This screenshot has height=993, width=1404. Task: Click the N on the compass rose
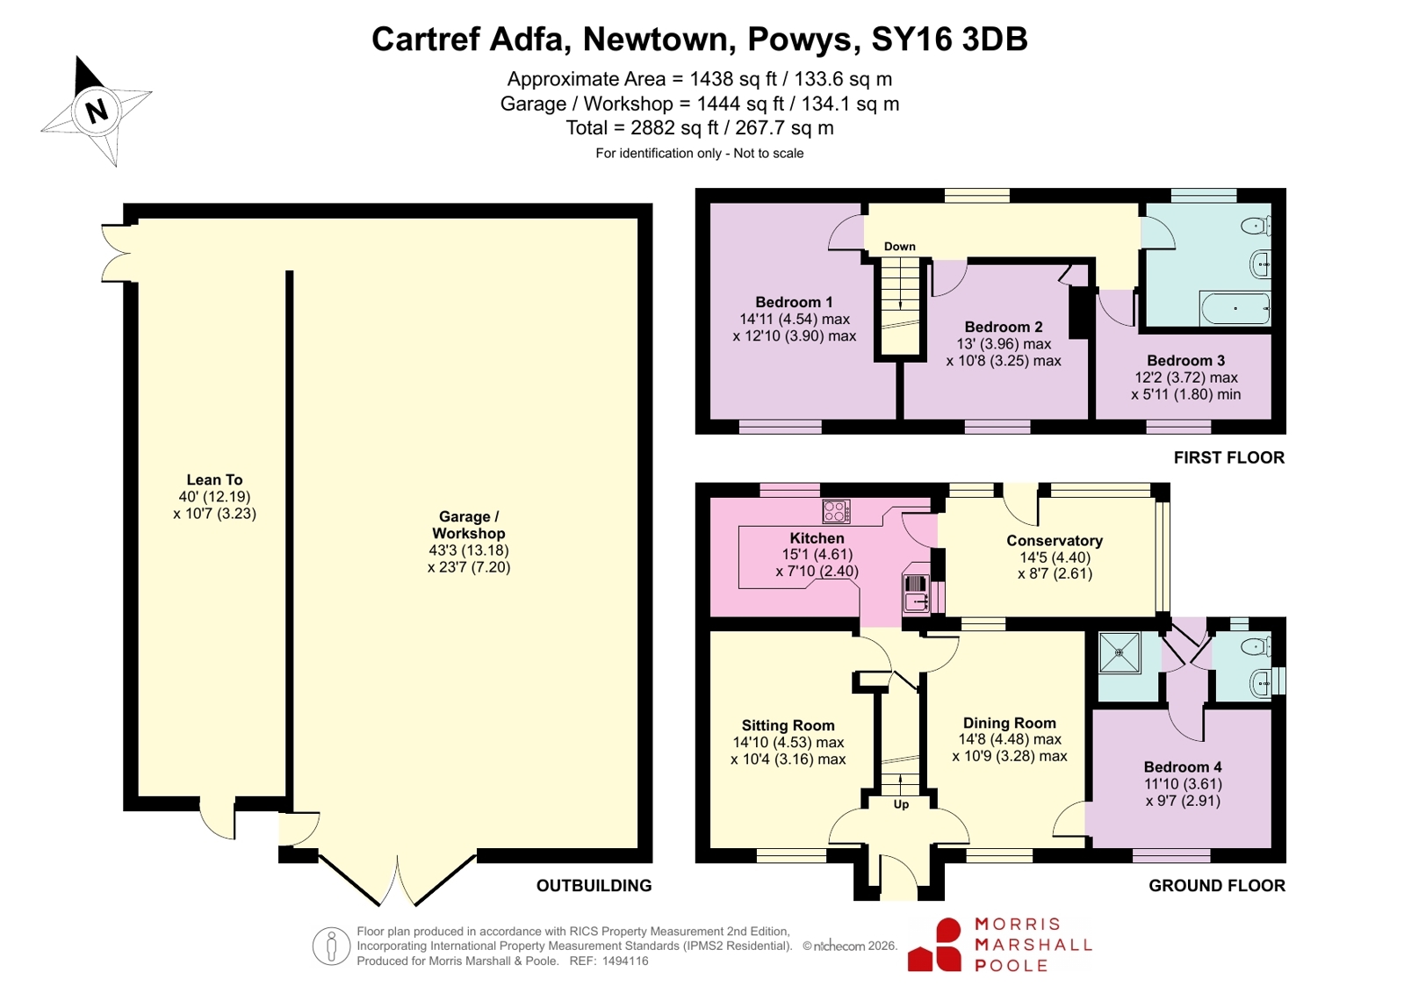[96, 112]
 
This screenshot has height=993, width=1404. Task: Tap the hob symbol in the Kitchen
[836, 511]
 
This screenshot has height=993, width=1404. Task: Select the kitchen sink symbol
[915, 593]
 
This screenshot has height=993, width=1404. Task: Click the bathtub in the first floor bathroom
[1235, 308]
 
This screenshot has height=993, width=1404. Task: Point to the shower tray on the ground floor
[1120, 652]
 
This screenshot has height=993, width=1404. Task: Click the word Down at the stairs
[899, 247]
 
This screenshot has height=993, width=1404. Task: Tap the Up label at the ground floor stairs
[901, 804]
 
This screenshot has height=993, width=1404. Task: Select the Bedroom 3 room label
[1186, 361]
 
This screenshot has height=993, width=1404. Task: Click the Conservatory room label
[1055, 540]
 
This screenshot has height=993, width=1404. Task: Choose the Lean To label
[214, 479]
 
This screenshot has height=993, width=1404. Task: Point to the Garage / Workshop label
[469, 525]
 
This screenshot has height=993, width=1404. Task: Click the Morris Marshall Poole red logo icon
[934, 946]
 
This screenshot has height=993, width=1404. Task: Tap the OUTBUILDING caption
[594, 885]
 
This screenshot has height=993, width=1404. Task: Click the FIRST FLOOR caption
[1229, 457]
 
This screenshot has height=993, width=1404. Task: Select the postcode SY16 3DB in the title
[949, 39]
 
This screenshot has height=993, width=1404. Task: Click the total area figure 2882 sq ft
[674, 128]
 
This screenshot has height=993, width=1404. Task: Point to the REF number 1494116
[625, 961]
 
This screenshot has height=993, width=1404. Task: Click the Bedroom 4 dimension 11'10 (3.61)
[1183, 784]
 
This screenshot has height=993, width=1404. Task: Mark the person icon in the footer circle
[331, 946]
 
